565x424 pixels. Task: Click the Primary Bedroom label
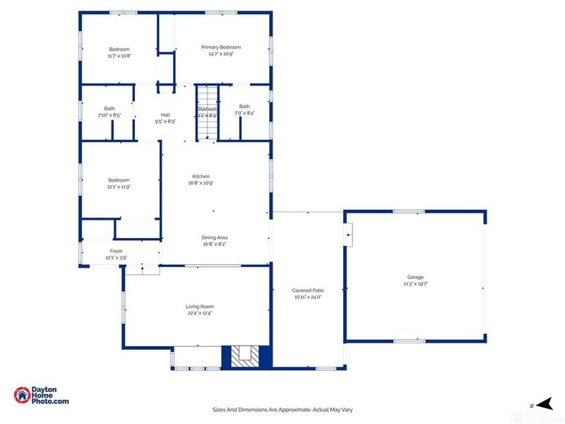tap(220, 47)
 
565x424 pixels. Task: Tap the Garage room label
tap(415, 277)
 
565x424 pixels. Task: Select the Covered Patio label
tap(307, 290)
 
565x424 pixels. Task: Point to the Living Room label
tap(200, 306)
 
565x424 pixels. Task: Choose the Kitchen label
tap(201, 176)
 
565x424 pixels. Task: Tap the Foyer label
tap(117, 251)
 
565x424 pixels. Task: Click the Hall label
tap(165, 114)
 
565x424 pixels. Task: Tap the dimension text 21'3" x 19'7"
tap(415, 284)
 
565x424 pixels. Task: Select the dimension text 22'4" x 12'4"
tap(200, 313)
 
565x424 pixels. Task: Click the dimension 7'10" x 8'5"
tap(109, 114)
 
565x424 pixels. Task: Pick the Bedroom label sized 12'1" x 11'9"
tap(119, 179)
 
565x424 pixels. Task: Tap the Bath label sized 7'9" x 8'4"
tap(244, 106)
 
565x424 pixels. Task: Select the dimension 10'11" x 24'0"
tap(307, 298)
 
